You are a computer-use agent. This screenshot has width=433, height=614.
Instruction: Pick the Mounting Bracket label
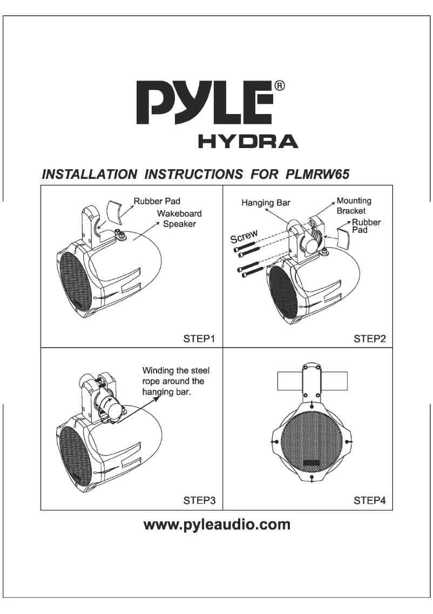354,205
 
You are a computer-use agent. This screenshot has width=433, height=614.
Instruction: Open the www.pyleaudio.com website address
216,524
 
